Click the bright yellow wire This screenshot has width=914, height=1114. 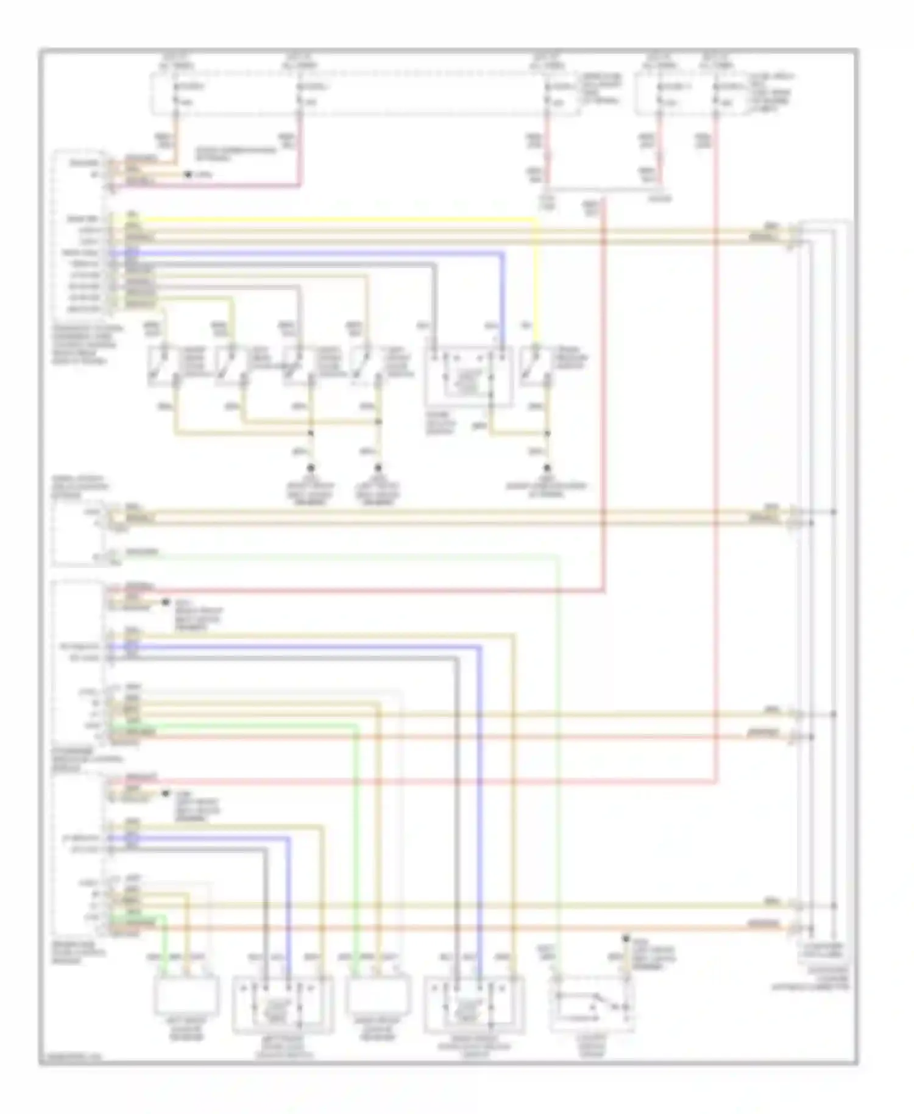pos(341,219)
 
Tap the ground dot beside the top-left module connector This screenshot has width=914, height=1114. pos(188,174)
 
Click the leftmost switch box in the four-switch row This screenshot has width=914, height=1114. pos(162,367)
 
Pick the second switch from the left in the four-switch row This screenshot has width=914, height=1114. pos(230,367)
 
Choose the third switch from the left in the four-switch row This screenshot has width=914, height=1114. pos(297,367)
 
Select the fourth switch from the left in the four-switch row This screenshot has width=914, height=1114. pos(364,367)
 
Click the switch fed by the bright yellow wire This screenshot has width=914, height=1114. pos(535,367)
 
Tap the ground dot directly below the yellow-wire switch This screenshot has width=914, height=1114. pos(547,468)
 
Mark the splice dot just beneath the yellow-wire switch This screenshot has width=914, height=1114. pos(547,433)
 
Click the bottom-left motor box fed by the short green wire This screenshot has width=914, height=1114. pos(186,995)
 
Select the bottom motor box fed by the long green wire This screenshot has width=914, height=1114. pos(377,995)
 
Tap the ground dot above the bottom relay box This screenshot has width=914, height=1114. pos(625,939)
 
